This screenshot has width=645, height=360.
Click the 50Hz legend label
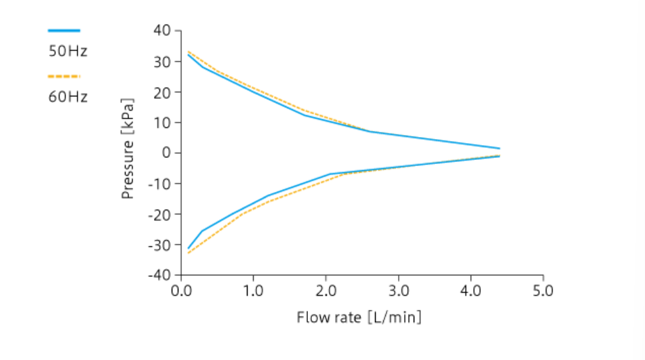[x=68, y=51]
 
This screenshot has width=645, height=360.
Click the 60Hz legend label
[x=68, y=96]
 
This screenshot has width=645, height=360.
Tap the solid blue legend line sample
[x=64, y=31]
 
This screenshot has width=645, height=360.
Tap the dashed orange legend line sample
[x=64, y=76]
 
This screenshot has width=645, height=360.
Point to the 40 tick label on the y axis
[x=162, y=31]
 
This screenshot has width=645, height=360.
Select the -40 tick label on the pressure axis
[x=160, y=275]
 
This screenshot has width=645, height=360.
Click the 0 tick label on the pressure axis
[x=166, y=153]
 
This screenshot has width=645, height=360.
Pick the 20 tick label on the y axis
[x=162, y=92]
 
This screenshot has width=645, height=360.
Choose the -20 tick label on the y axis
[x=160, y=214]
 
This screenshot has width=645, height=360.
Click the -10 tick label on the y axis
[x=160, y=184]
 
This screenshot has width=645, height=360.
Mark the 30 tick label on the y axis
[x=162, y=61]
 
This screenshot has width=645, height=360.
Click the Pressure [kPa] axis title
[x=128, y=149]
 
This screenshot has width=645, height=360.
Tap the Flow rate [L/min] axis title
[x=359, y=317]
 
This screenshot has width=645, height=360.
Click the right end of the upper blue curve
[x=499, y=148]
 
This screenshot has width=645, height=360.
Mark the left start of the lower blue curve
[x=189, y=248]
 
